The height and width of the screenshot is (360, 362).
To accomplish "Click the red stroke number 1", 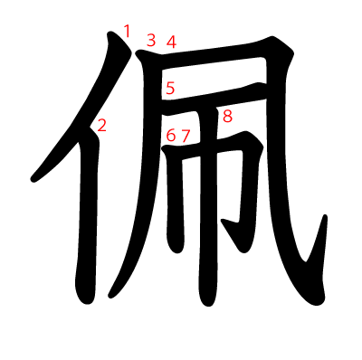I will [x=127, y=32].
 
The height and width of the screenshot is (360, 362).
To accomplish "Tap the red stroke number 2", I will [x=101, y=126].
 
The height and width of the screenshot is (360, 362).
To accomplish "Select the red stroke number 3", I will [x=151, y=40].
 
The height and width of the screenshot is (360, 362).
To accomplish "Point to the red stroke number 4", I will [x=171, y=41].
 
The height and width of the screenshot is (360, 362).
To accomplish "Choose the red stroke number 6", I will [x=171, y=136].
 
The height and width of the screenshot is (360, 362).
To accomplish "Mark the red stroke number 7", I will [x=186, y=136].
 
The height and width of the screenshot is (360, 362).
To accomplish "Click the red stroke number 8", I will [x=227, y=116].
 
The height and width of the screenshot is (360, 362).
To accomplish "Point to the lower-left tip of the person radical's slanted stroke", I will [x=36, y=176].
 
